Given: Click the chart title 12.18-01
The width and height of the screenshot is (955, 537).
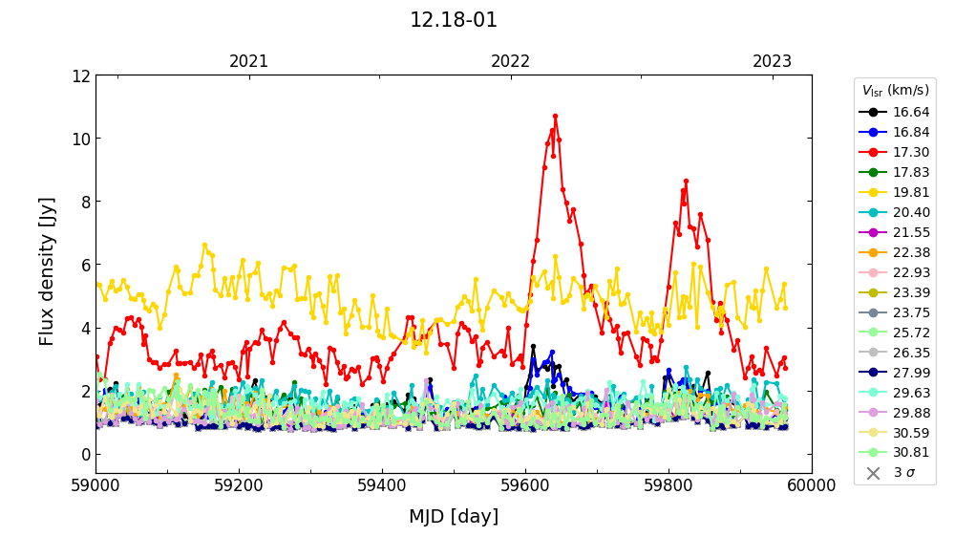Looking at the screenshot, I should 454,20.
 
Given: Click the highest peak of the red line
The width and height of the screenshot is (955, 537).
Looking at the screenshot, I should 555,116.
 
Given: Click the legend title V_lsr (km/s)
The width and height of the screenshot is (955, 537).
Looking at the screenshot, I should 895,91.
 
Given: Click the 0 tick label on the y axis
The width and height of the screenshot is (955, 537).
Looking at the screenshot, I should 84,454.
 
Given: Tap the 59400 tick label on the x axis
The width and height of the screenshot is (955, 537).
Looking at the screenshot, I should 382,485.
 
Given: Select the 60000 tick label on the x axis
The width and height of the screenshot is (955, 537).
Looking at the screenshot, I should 812,485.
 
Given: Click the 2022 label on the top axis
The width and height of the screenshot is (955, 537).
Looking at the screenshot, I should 511,61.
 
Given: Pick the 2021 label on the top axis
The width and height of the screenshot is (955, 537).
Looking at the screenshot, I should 249,61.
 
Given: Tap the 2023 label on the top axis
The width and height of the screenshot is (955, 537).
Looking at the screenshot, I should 773,61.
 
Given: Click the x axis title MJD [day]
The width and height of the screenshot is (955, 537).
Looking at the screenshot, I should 454,517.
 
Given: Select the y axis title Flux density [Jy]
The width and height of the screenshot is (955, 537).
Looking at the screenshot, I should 47,271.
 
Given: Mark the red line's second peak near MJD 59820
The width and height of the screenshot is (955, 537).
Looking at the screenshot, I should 686,181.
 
